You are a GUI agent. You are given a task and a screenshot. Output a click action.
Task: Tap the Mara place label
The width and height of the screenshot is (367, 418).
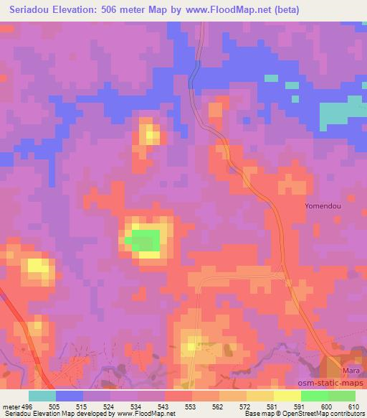pos(350,370)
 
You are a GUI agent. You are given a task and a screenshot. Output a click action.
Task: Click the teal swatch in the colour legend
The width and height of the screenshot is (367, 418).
pos(42,396)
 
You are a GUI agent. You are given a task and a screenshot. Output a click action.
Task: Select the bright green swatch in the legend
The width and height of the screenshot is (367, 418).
pos(315,396)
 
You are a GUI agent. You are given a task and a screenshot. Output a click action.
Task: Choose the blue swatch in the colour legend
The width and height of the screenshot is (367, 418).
pos(70,396)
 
